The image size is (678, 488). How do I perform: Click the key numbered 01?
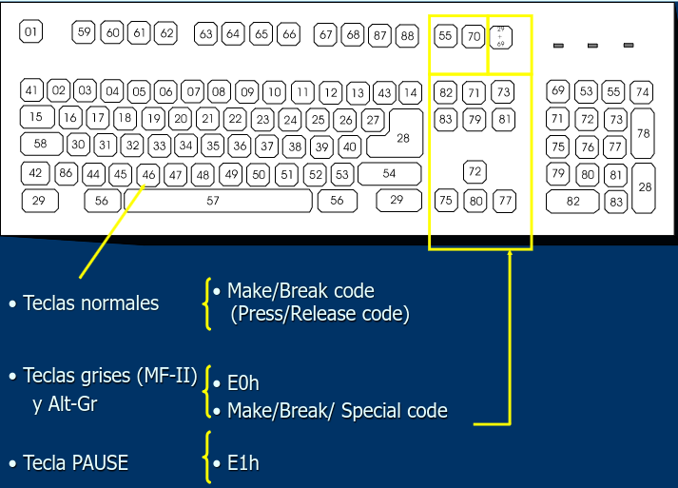(x=31, y=32)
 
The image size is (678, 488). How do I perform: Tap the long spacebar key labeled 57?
(x=213, y=201)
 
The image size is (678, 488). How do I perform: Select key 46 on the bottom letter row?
(x=148, y=175)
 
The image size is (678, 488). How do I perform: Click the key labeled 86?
(x=66, y=173)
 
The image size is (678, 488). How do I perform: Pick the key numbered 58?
(x=41, y=144)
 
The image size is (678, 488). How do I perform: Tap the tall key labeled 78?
(x=644, y=134)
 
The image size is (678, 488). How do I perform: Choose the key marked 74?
(x=643, y=92)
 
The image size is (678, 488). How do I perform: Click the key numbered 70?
(x=474, y=37)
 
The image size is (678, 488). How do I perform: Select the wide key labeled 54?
(x=389, y=174)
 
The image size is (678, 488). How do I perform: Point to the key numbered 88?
(x=407, y=36)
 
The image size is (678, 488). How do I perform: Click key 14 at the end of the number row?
(x=410, y=93)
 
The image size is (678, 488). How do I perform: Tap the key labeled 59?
(x=85, y=32)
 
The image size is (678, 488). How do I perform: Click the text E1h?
(x=242, y=463)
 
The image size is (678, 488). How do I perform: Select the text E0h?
(x=242, y=383)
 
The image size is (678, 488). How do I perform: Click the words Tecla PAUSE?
(x=75, y=463)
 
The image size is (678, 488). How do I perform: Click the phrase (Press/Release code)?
(x=320, y=313)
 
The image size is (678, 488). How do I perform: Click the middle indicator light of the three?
(x=592, y=46)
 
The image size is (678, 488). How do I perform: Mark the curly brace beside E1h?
(x=206, y=457)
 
